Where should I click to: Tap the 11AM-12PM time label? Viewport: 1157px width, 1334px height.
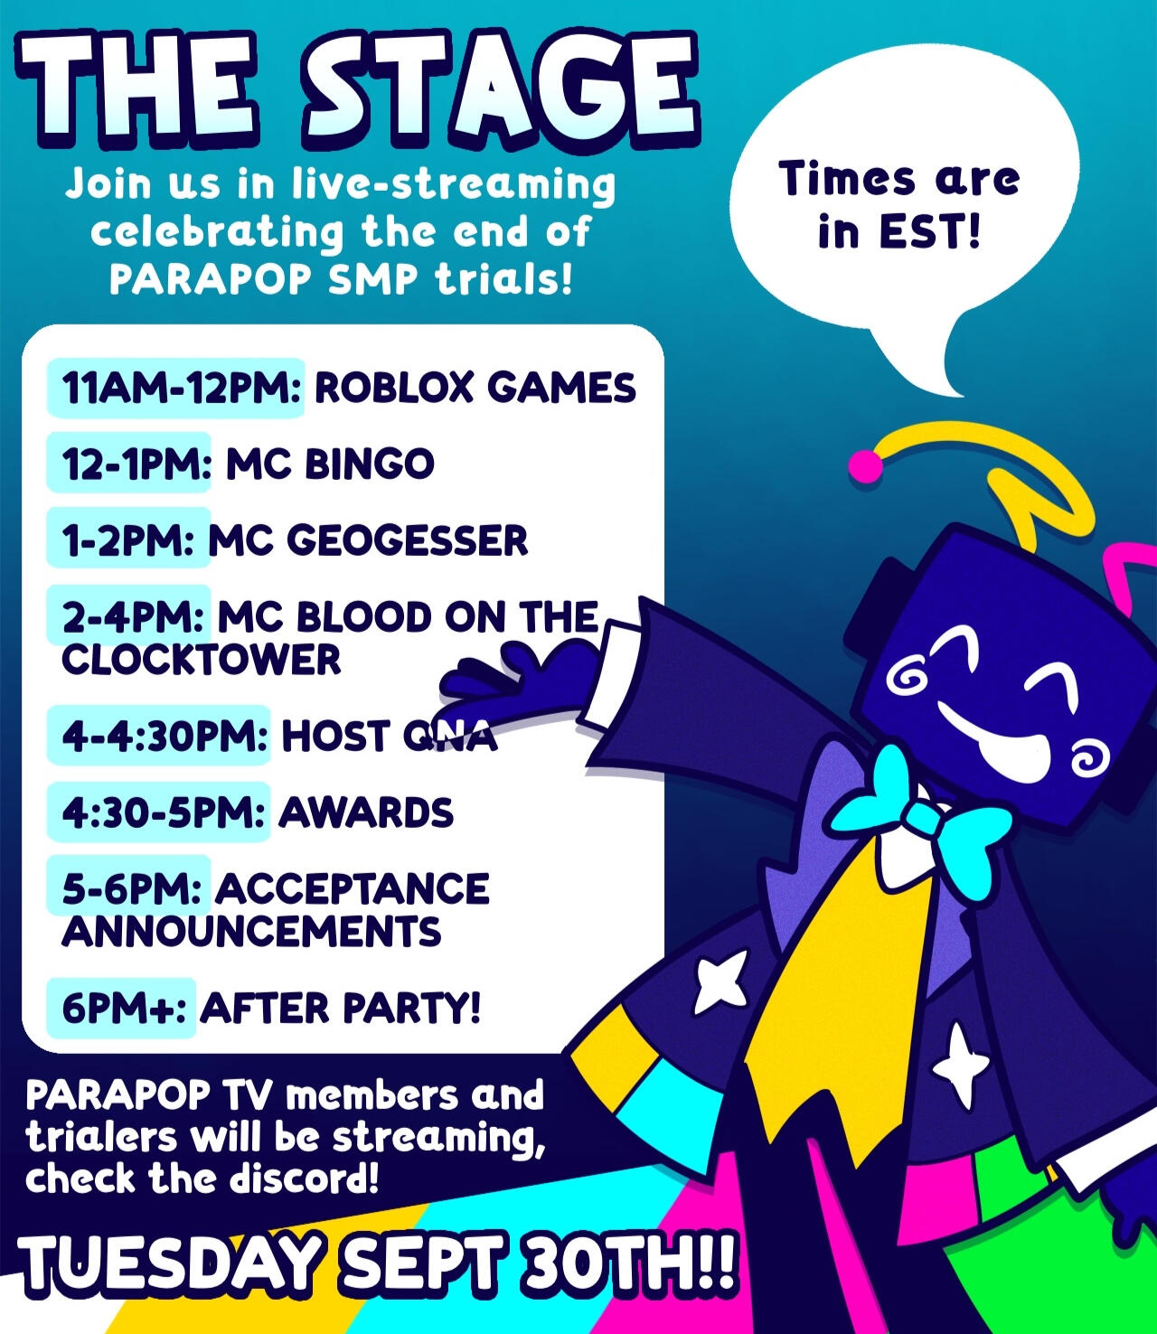pyautogui.click(x=182, y=388)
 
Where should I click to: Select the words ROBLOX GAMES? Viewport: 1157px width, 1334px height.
pyautogui.click(x=475, y=388)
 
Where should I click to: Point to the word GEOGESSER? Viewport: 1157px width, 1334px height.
pyautogui.click(x=408, y=540)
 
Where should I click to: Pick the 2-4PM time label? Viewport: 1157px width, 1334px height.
pyautogui.click(x=133, y=616)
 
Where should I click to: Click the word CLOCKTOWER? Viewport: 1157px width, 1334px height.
pyautogui.click(x=202, y=660)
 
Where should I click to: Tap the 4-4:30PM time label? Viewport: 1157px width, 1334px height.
pyautogui.click(x=165, y=737)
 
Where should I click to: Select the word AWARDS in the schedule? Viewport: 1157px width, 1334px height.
pyautogui.click(x=366, y=813)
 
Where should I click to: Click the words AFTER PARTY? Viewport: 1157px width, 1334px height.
pyautogui.click(x=340, y=1008)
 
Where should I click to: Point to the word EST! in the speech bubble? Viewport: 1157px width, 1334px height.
pyautogui.click(x=930, y=230)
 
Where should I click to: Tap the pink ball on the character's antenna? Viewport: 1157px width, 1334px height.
pyautogui.click(x=866, y=466)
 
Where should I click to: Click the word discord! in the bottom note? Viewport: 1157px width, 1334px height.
pyautogui.click(x=304, y=1179)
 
